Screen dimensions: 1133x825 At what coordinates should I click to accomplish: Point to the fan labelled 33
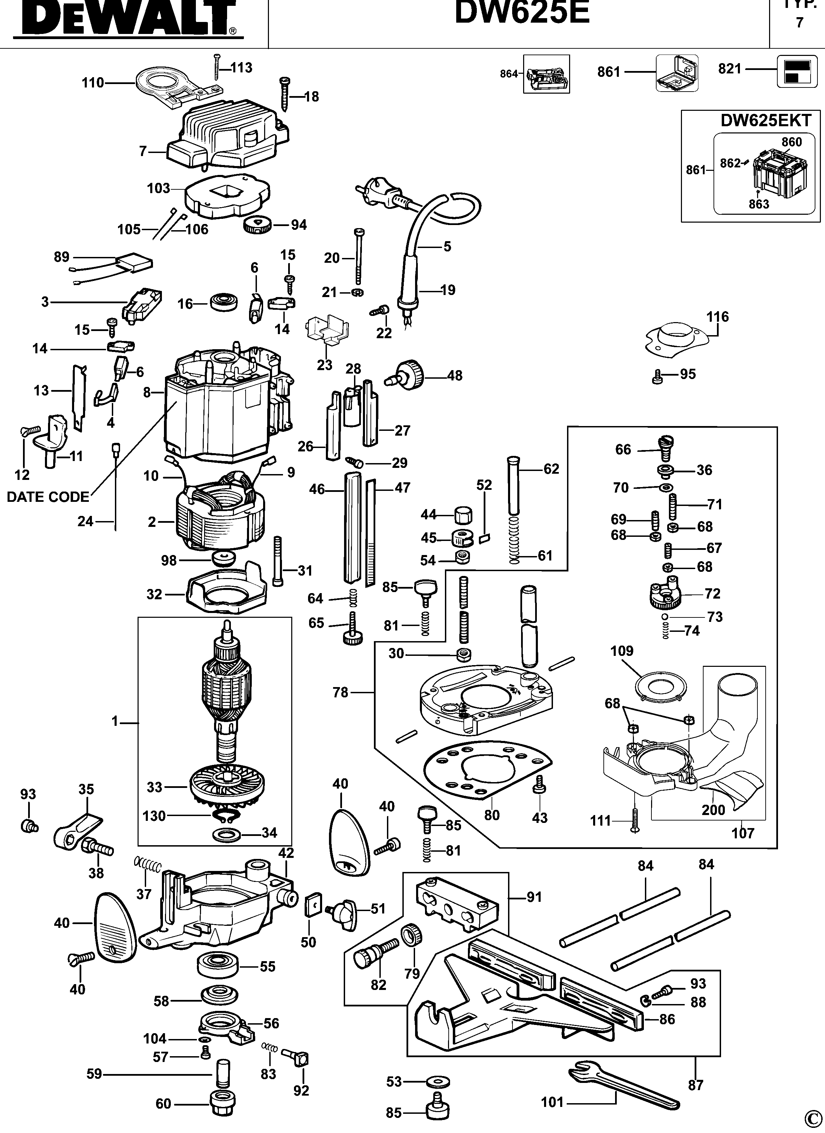pos(227,788)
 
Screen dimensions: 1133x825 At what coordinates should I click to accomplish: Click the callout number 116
pos(718,317)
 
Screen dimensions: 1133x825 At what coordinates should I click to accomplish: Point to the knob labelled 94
pos(258,225)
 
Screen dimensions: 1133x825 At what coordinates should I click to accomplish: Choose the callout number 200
pos(713,810)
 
